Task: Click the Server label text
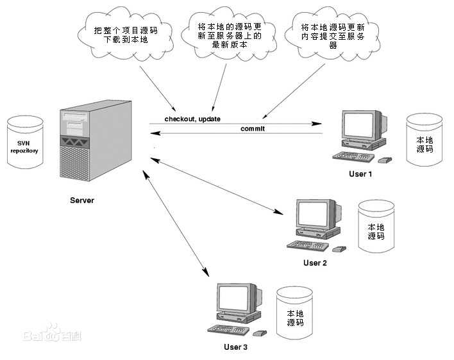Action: point(82,200)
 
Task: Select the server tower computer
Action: point(96,142)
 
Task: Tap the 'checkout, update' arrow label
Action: point(192,119)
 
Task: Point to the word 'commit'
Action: point(253,129)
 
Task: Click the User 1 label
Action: point(360,174)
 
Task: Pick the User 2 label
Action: point(315,263)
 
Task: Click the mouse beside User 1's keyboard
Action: point(385,160)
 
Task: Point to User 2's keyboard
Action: point(308,245)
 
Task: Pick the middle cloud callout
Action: point(229,35)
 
